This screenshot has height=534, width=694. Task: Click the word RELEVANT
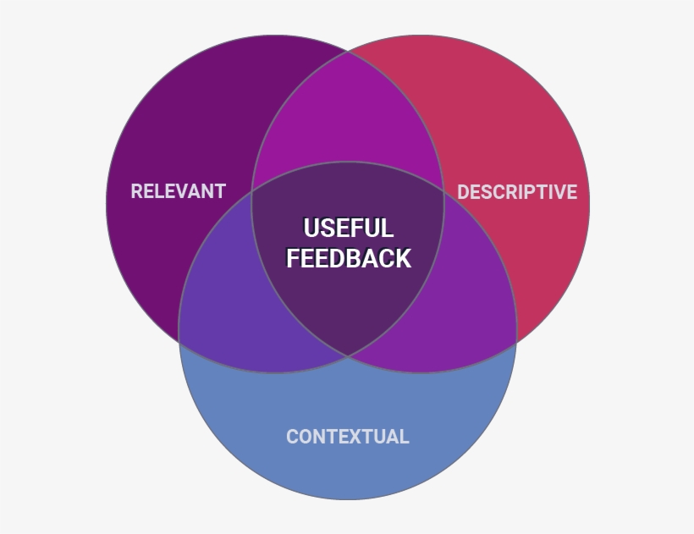[x=178, y=191]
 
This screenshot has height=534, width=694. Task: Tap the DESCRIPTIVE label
[x=517, y=192]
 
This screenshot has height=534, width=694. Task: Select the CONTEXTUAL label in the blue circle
[x=347, y=437]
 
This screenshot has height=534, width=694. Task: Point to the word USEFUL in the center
[x=348, y=228]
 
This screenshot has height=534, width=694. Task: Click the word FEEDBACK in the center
[x=348, y=258]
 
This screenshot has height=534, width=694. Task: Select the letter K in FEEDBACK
[x=402, y=258]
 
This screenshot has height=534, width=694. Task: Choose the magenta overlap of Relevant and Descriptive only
[x=348, y=114]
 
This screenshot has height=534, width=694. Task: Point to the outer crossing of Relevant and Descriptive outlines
[x=348, y=52]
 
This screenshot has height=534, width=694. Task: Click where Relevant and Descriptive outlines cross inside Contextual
[x=348, y=356]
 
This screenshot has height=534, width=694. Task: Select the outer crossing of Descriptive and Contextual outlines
[x=516, y=341]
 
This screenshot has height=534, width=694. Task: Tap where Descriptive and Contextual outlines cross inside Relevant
[x=251, y=192]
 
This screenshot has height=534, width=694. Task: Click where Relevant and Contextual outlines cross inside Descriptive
[x=443, y=192]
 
